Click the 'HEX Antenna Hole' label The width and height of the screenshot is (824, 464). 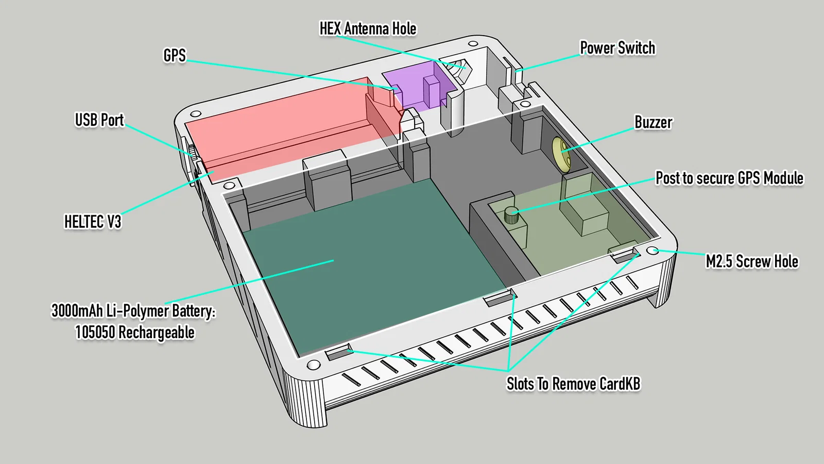[368, 28]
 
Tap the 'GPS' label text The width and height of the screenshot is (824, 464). [174, 55]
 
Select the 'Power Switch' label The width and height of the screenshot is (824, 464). [617, 48]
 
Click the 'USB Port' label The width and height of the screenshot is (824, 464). [99, 120]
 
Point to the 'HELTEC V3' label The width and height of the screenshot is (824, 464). [92, 222]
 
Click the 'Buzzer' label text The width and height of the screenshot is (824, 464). [653, 122]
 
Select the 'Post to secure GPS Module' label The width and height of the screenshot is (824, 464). [729, 178]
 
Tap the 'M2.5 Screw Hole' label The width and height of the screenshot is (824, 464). [751, 261]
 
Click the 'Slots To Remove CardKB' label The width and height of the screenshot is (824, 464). [573, 384]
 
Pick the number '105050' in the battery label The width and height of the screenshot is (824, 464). [95, 333]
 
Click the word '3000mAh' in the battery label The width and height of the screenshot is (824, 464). [77, 310]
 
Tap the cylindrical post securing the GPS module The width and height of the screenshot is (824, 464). [511, 214]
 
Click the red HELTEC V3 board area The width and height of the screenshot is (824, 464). [288, 134]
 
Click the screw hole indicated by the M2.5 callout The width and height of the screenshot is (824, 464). [653, 251]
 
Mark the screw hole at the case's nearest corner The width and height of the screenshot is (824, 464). [313, 365]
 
